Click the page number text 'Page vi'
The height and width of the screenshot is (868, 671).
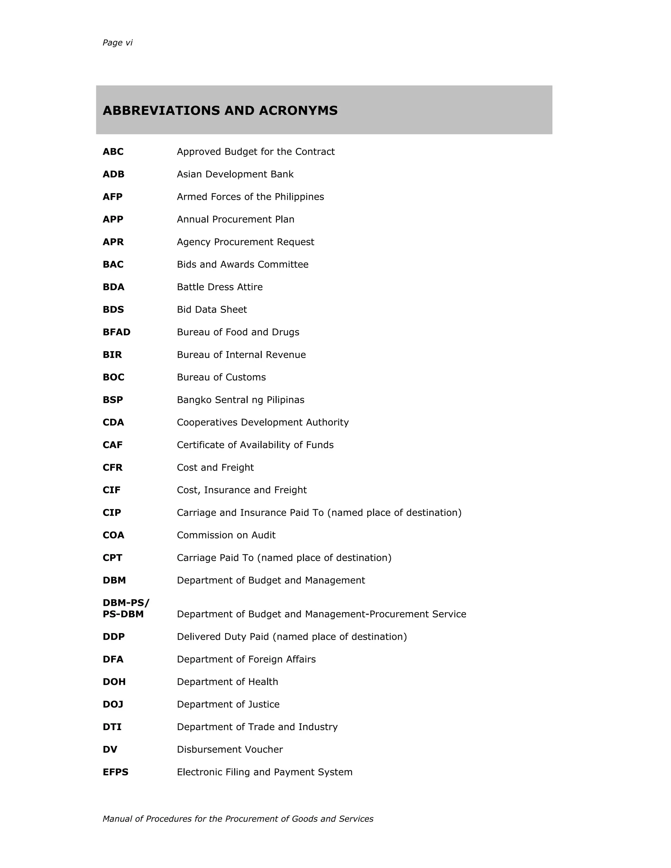[x=117, y=43]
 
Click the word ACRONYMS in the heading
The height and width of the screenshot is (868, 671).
[x=298, y=110]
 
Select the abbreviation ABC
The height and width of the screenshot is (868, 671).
[x=113, y=152]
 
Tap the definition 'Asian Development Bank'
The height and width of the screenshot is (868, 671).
[x=235, y=175]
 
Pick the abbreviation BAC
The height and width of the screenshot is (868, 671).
[x=113, y=265]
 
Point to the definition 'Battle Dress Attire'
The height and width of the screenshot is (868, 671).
[x=220, y=287]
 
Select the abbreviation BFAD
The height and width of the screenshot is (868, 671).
[x=116, y=332]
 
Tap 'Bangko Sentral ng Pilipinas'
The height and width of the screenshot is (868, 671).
[x=240, y=400]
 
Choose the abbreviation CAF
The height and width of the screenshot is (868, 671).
[x=112, y=445]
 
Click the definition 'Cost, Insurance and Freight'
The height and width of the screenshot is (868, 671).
[x=242, y=490]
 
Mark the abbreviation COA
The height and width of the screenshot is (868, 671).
[x=113, y=535]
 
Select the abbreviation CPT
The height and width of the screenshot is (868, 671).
[x=112, y=558]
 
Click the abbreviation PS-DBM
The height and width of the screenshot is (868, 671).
[x=123, y=614]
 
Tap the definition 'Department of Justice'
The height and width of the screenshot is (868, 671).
[x=228, y=704]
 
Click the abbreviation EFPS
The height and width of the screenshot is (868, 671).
[x=115, y=772]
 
